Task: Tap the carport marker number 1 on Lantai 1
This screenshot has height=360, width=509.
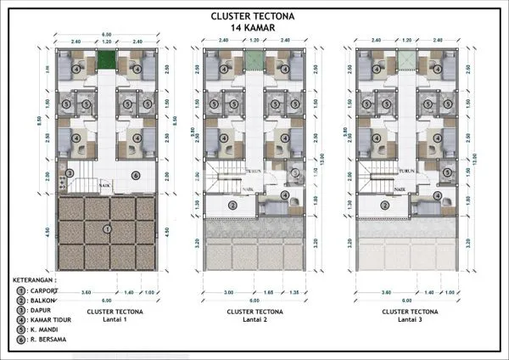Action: (107, 229)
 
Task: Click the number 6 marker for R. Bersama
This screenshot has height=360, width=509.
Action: (135, 176)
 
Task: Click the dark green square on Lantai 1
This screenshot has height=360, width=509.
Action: (107, 60)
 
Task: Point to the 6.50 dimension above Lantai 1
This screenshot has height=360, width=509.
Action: (107, 33)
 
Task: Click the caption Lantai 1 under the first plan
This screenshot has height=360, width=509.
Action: (107, 319)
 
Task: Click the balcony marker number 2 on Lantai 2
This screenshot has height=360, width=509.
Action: (232, 205)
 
